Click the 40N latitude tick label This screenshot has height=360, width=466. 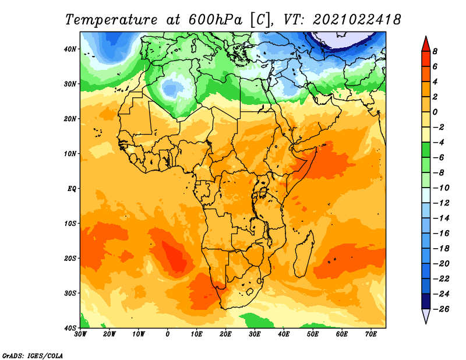click(x=70, y=49)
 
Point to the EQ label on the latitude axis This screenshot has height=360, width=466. click(x=72, y=189)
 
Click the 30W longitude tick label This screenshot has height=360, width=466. click(x=80, y=334)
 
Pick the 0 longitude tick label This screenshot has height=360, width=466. click(x=168, y=334)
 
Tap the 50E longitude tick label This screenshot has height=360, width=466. click(x=313, y=334)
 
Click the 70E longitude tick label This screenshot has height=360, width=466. click(x=370, y=334)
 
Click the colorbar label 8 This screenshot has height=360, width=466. click(x=435, y=51)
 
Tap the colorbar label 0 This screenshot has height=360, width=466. click(x=435, y=112)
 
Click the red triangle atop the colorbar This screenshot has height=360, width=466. click(x=426, y=44)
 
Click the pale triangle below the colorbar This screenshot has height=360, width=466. click(x=426, y=315)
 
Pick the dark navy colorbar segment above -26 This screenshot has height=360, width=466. click(x=426, y=301)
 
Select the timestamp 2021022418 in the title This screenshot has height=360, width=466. click(x=357, y=20)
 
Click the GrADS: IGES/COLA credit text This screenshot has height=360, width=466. click(x=33, y=355)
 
